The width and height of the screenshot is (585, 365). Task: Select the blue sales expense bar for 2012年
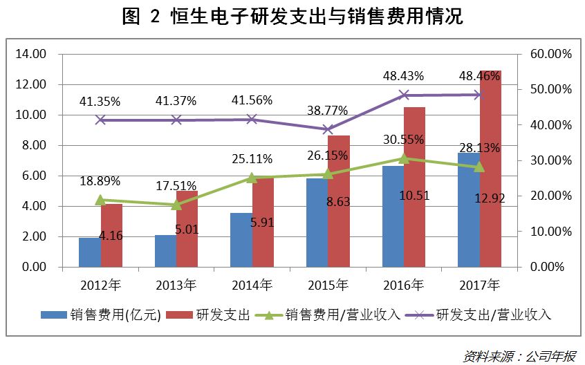(89, 252)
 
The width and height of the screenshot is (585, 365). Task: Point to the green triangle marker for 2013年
(176, 205)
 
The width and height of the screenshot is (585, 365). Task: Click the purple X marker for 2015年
(328, 129)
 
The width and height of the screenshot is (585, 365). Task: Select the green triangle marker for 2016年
(404, 158)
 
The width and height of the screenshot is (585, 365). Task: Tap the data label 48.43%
(403, 75)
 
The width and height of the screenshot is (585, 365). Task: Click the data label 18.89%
(100, 181)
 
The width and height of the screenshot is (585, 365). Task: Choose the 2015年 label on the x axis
(328, 284)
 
